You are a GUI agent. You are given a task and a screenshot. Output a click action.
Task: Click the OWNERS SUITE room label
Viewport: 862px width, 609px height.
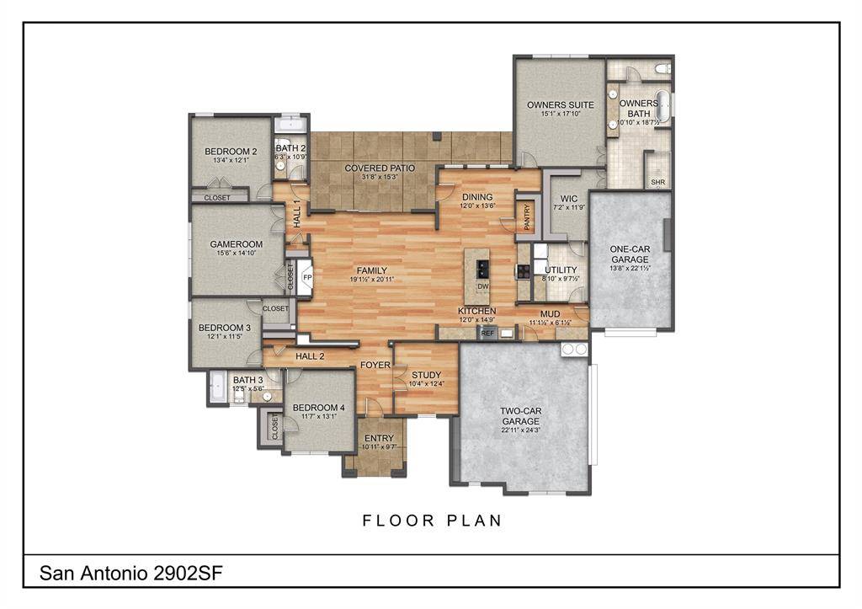[560, 105]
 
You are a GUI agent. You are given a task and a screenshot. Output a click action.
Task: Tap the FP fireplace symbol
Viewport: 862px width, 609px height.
[307, 276]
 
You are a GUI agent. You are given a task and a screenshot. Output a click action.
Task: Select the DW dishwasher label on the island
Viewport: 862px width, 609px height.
[483, 286]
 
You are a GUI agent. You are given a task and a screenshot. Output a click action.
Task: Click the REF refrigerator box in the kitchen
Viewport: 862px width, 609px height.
[487, 334]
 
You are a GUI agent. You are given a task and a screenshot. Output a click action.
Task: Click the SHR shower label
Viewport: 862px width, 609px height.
[657, 182]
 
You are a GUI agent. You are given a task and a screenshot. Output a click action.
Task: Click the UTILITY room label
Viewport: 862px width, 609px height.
[561, 270]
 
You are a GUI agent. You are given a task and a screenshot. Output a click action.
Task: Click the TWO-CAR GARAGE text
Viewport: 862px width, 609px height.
[521, 416]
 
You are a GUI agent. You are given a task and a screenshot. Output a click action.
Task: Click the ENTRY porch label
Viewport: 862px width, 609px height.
[378, 438]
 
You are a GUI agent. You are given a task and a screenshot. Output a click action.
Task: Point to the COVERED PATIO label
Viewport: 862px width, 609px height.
[380, 168]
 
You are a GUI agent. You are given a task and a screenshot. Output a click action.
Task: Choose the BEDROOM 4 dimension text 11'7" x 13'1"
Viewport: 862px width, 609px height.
[315, 416]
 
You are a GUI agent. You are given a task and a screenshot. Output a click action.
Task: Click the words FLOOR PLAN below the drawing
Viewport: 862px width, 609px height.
[432, 521]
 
